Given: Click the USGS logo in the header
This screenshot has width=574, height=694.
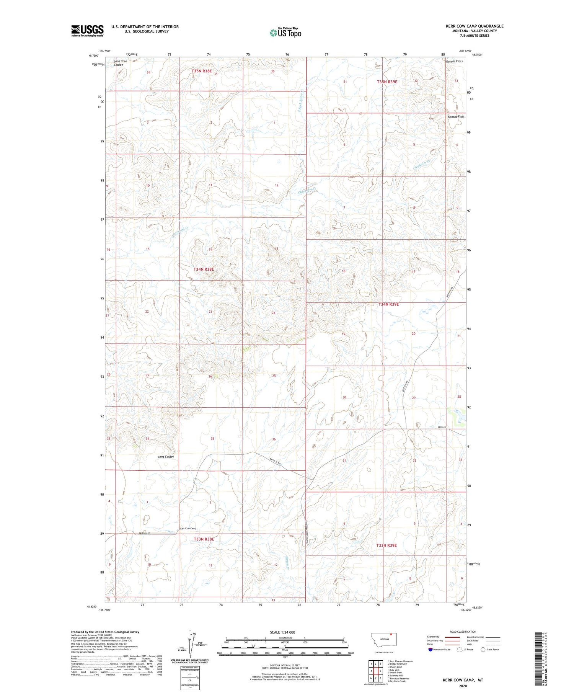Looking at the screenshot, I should [x=87, y=30].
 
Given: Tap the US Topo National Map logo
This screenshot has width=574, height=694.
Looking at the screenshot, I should [x=285, y=33].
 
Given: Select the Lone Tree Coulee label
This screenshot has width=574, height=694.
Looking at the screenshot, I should [x=120, y=63].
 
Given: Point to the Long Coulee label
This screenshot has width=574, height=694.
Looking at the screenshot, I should [x=166, y=457].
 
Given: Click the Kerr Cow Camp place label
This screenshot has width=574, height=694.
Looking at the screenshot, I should [x=188, y=529].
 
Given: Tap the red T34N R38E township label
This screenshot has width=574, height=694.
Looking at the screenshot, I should [x=203, y=269].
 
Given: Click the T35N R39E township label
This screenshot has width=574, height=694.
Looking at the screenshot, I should [x=387, y=82].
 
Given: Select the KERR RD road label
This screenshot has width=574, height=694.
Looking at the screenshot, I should [x=442, y=428].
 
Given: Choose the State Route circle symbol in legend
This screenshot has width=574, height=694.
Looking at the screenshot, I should [x=483, y=650].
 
